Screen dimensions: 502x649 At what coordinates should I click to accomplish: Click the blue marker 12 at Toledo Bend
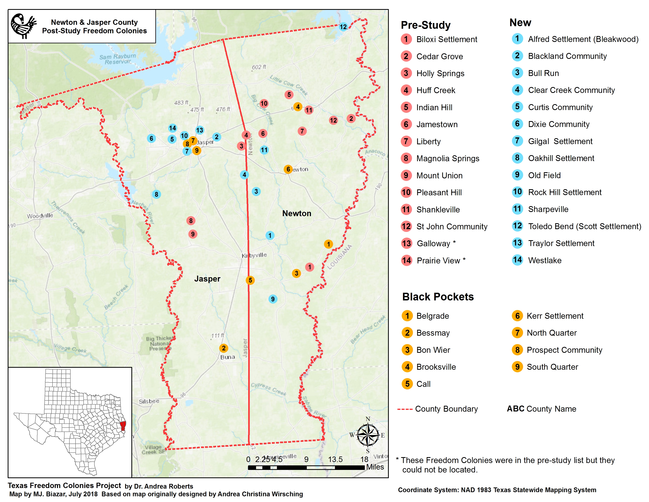coord(343,27)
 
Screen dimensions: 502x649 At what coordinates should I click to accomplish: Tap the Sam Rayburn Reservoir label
coord(118,59)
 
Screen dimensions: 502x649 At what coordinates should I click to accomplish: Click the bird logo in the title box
coord(23,26)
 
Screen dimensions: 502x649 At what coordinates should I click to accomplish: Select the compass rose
coord(368,435)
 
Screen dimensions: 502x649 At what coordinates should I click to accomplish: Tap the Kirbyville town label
coord(254,255)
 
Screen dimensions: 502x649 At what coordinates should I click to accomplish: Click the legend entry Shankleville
coord(438,210)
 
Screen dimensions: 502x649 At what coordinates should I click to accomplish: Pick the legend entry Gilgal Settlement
coord(560,141)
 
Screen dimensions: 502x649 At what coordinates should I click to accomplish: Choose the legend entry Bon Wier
coord(433,350)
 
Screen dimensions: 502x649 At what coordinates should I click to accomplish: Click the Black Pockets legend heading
coord(438,297)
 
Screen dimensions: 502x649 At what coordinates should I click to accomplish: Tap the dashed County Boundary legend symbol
coord(405,409)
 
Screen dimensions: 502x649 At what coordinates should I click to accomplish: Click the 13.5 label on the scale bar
coord(335,459)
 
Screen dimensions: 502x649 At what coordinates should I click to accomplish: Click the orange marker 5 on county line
coord(250,280)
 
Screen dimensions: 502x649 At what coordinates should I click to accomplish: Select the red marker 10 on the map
coord(264,104)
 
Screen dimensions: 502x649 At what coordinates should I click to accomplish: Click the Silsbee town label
coord(149,401)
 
